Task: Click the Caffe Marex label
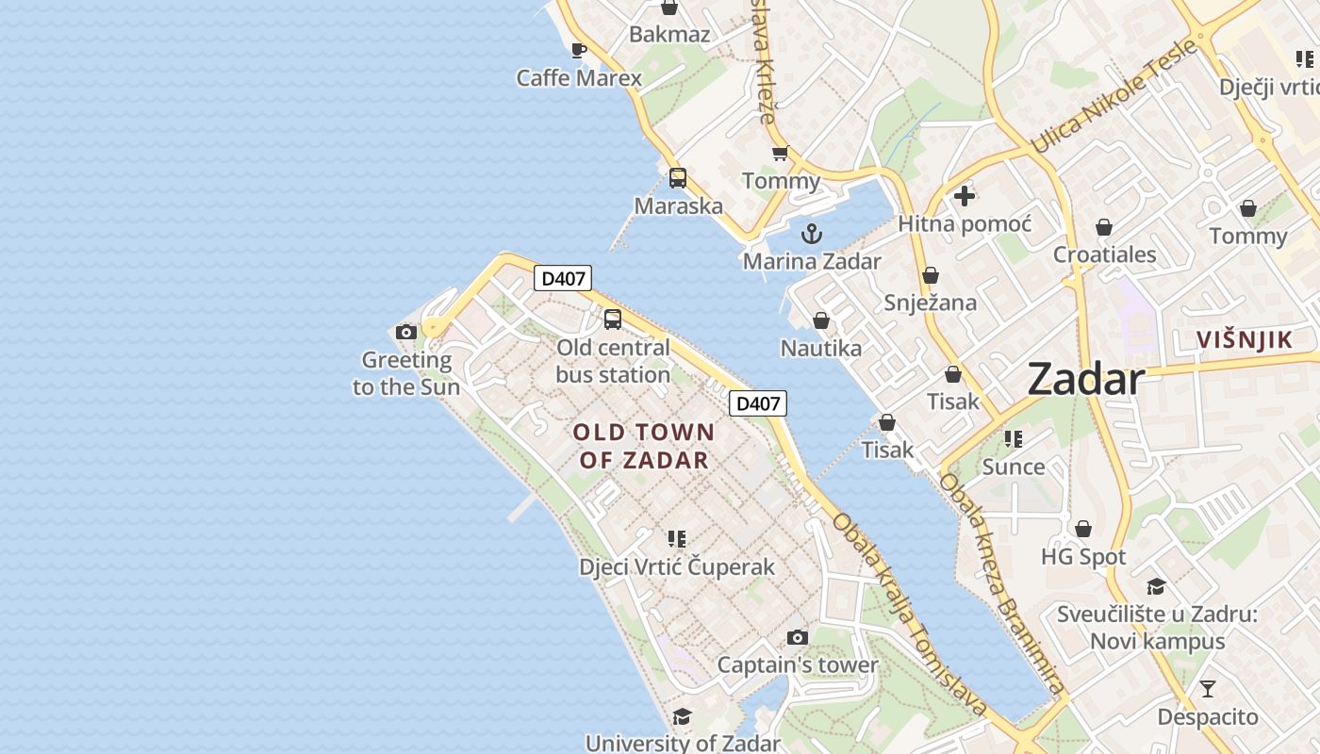579,78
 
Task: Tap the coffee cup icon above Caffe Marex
579,50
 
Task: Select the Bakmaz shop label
669,35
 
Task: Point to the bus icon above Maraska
678,177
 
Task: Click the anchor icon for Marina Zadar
811,234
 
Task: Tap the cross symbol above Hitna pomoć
964,196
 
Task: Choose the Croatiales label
1104,254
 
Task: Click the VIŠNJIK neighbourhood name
1245,340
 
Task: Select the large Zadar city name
1086,379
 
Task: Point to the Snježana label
930,303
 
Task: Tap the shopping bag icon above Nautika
821,320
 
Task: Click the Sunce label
1014,467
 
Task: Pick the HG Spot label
1083,557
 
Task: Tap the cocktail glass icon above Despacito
1207,689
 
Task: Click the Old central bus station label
613,361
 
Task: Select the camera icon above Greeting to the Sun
406,332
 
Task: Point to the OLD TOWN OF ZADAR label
644,446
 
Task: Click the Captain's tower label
798,664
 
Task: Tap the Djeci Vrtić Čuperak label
677,566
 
